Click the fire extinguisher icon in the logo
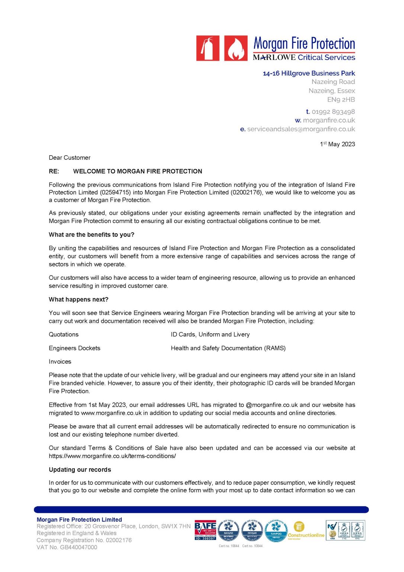coord(208,48)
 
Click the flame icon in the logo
coord(236,48)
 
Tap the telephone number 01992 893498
coord(333,112)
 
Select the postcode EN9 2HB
coord(341,100)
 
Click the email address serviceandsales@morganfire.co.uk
coord(301,129)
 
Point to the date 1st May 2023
coord(337,144)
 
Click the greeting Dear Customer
coord(70,158)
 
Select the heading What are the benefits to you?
coord(92,235)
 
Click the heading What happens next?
coord(78,299)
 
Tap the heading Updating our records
coord(80,470)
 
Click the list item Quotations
coord(64,334)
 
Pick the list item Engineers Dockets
coord(74,348)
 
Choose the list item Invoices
coord(60,362)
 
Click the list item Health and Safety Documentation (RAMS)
coord(228,348)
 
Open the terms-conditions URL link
coord(112,456)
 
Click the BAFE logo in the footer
coord(205,531)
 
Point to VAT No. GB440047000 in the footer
coord(67,547)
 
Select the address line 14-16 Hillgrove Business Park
coord(309,73)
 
